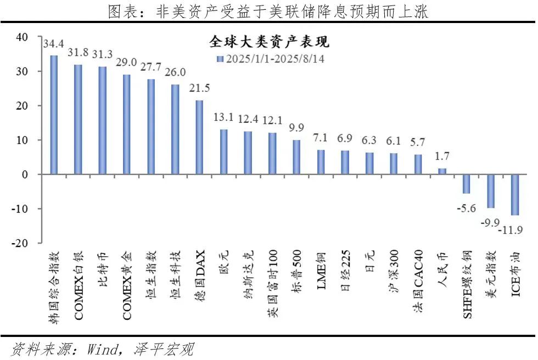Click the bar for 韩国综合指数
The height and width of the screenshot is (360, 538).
(x=54, y=115)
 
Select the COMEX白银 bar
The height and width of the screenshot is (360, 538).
(x=78, y=119)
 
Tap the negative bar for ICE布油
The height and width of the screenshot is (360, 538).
(x=514, y=195)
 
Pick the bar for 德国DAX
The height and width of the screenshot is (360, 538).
(x=199, y=137)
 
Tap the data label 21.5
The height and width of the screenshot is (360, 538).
(x=199, y=88)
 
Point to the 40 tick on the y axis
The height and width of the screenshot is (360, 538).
(x=21, y=37)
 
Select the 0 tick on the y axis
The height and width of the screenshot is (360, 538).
(x=24, y=175)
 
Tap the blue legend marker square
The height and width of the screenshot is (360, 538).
(x=220, y=58)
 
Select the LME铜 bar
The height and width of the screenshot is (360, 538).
(x=321, y=162)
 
